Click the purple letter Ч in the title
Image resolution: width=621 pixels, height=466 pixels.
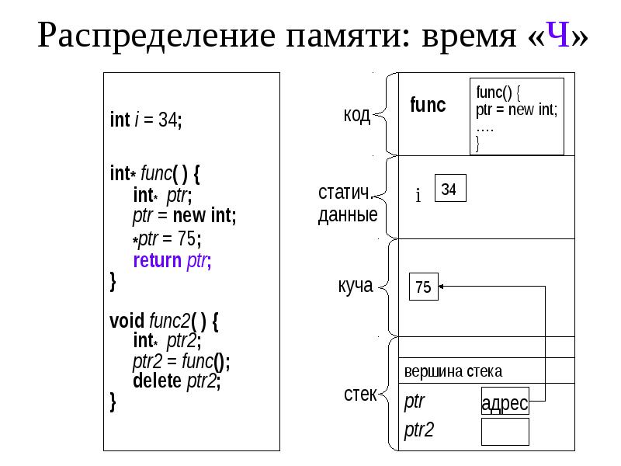pos(558,34)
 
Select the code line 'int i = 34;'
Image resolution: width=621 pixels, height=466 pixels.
pos(146,120)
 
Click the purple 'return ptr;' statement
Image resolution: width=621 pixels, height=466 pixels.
pos(172,260)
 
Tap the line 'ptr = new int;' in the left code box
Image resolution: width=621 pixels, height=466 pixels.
pos(185,216)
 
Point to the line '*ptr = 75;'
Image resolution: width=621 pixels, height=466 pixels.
pos(167,238)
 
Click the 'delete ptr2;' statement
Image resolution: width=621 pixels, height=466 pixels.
pos(177,381)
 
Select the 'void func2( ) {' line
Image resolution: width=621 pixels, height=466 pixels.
pos(164,321)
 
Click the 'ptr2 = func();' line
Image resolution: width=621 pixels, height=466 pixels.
pos(181,361)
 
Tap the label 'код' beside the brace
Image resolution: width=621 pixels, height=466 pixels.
pos(357,115)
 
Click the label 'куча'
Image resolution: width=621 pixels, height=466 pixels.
pos(356,285)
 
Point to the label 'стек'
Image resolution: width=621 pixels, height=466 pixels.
pos(360,395)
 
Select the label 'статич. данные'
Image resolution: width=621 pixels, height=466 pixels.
pos(348,203)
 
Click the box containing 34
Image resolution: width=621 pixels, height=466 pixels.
pos(450,188)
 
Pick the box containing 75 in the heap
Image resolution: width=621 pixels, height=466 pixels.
pos(423,287)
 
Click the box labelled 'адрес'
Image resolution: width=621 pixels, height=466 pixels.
pos(505,401)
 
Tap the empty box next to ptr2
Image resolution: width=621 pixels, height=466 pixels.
pos(505,432)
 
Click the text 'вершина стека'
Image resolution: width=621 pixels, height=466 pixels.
pos(453,371)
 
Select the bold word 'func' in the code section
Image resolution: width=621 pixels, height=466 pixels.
pos(428,105)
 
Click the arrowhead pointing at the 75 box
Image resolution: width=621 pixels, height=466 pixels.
pos(441,287)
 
